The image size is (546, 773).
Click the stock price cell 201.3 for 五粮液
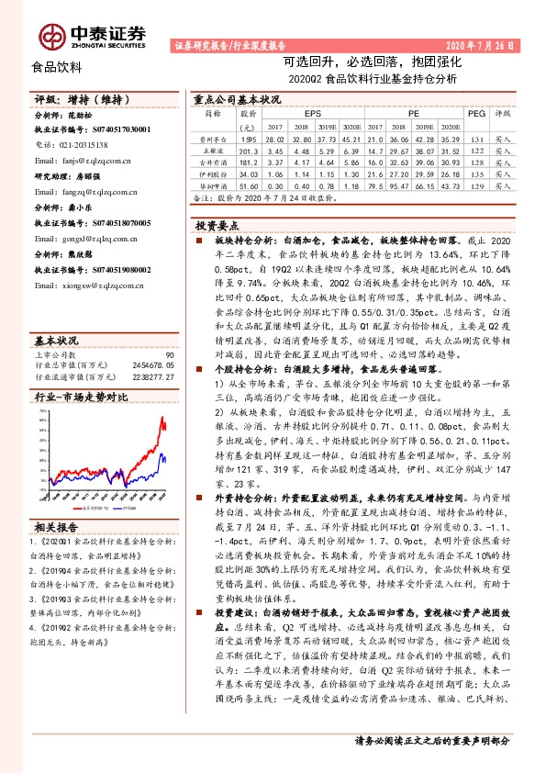[248, 150]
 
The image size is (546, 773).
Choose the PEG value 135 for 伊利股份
[475, 174]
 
